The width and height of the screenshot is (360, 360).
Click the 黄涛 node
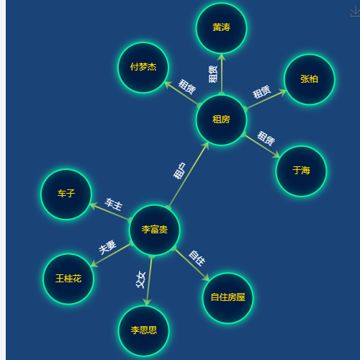[x=221, y=28]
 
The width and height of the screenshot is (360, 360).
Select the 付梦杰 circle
[x=143, y=68]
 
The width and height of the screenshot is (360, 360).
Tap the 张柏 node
[x=309, y=79]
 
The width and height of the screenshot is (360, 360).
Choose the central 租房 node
[x=221, y=120]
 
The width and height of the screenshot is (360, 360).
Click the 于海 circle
[x=301, y=171]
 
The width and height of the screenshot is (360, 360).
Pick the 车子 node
[x=66, y=194]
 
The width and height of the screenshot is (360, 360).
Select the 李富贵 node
[x=154, y=230]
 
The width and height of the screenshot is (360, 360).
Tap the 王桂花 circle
[x=68, y=279]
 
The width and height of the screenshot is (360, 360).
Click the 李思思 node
[x=144, y=330]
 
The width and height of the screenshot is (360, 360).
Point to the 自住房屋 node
[x=228, y=298]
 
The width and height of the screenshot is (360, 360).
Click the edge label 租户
[x=180, y=171]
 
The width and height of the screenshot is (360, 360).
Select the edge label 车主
[x=114, y=204]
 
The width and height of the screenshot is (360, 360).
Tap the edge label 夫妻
[x=107, y=247]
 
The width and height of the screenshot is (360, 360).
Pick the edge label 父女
[x=140, y=280]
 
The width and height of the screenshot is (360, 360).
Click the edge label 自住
[x=197, y=258]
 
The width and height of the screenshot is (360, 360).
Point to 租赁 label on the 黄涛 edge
[x=213, y=74]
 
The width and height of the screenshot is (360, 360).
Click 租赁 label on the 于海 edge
[x=266, y=138]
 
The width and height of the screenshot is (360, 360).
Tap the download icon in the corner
[x=355, y=12]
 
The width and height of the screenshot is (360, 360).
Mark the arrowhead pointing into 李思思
[x=147, y=302]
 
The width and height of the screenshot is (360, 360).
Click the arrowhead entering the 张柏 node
[x=282, y=92]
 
